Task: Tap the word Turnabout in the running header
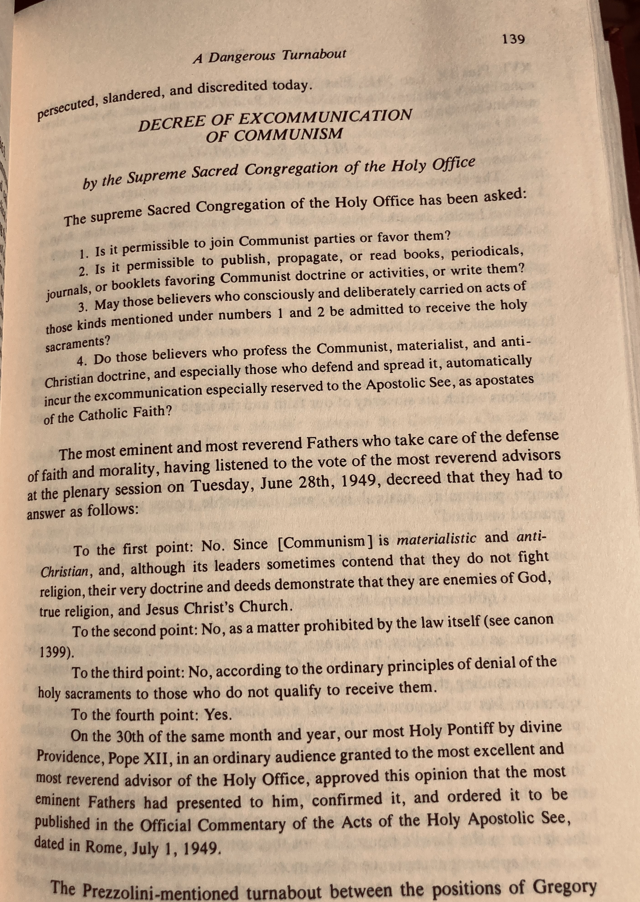[314, 55]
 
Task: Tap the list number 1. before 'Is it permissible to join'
[84, 255]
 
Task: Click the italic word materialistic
[436, 539]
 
